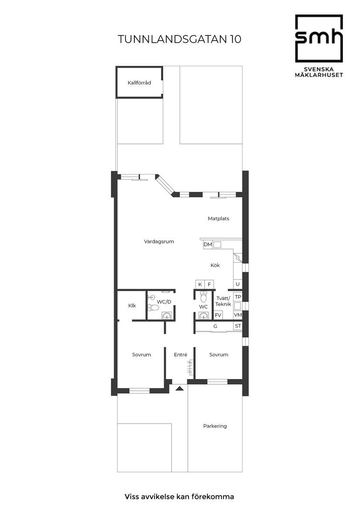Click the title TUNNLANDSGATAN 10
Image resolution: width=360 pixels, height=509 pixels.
[x=179, y=39]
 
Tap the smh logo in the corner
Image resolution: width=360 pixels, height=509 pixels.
[x=319, y=38]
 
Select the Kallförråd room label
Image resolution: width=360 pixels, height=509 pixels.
[x=139, y=82]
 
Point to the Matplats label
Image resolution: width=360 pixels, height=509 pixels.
[x=218, y=219]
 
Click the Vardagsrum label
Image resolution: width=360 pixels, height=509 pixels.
[x=159, y=241]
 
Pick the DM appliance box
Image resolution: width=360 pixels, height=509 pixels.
[x=208, y=245]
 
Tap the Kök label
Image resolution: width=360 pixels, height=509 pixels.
[x=215, y=265]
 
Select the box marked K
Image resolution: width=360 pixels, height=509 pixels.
[x=200, y=284]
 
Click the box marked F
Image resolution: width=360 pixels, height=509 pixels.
[x=209, y=284]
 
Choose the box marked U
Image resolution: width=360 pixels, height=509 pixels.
[x=237, y=284]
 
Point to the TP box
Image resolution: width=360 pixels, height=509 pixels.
[x=238, y=297]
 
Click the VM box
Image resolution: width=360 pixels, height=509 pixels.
[x=238, y=315]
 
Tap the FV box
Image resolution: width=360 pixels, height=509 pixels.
[x=218, y=315]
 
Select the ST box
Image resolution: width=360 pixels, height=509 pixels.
[x=238, y=326]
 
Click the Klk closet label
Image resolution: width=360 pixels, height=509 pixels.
[x=132, y=306]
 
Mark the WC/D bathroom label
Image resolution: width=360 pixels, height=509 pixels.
[x=164, y=301]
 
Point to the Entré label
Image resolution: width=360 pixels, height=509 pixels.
[x=180, y=355]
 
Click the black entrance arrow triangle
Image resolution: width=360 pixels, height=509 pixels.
[x=179, y=387]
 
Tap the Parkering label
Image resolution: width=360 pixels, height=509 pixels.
[x=215, y=426]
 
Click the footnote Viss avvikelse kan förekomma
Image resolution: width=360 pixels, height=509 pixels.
[x=179, y=496]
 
